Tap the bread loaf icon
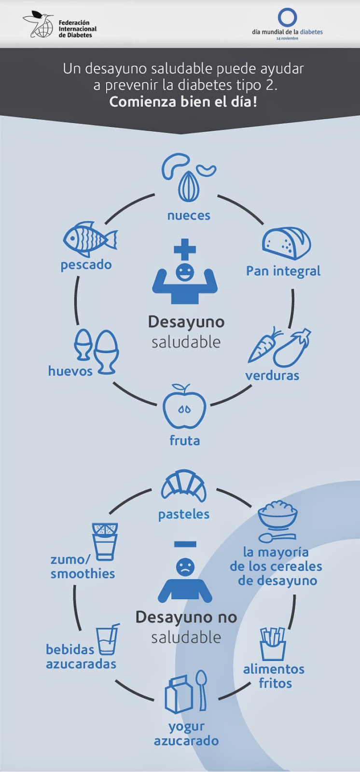[x=286, y=244]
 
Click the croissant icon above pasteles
[x=184, y=486]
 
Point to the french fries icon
[x=273, y=644]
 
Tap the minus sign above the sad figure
[x=185, y=544]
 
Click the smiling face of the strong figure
[x=184, y=272]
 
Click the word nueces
[x=189, y=216]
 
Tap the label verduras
[x=272, y=375]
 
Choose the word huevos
[x=70, y=371]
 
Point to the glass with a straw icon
[x=107, y=640]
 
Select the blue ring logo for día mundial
[x=287, y=17]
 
